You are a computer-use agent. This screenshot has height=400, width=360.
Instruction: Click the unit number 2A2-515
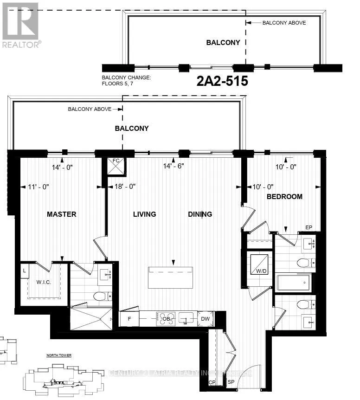pos(222,82)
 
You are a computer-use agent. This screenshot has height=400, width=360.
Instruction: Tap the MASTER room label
pos(61,214)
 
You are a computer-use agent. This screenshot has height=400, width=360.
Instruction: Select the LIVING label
pos(144,214)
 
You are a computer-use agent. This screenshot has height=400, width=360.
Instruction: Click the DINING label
pos(200,214)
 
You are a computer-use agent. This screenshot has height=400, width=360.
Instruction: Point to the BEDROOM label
pos(284,197)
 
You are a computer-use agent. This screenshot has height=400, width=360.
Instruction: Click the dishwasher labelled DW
pos(205,319)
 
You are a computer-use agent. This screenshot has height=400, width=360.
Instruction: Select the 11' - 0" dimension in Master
pos(39,187)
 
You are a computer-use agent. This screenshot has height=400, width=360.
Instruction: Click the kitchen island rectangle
pos(170,277)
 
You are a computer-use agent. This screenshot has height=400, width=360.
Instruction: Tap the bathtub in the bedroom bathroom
pos(293,283)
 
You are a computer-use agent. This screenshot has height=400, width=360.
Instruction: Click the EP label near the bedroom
pos(309,227)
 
